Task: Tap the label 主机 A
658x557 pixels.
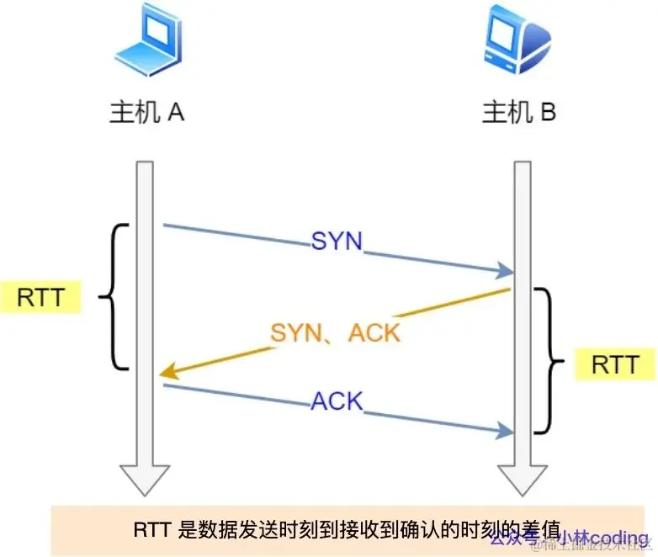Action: tap(147, 113)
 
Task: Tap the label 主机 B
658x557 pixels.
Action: tap(519, 113)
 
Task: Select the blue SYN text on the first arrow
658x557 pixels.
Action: tap(337, 241)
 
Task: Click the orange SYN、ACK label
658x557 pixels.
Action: tap(335, 332)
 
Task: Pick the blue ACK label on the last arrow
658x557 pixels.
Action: tap(337, 401)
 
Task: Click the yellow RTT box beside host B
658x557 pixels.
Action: tap(616, 364)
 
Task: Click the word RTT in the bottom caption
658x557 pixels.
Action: tap(151, 530)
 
